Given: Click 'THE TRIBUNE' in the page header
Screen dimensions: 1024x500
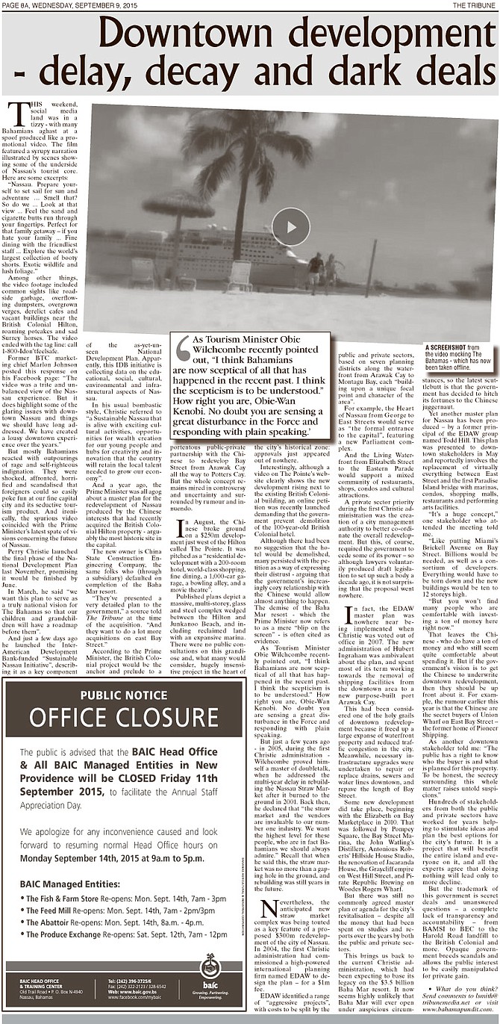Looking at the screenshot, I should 474,4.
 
